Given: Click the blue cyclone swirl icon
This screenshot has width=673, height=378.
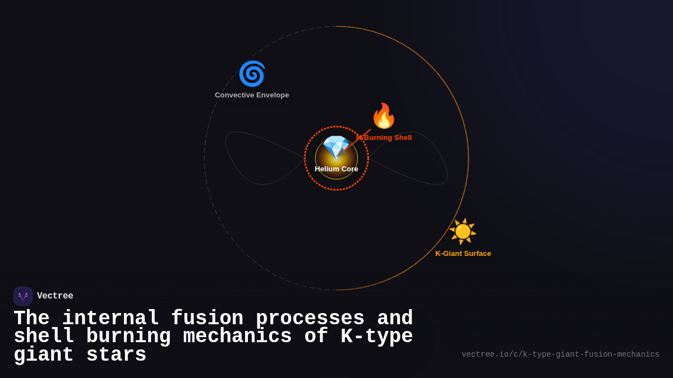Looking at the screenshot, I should click(252, 74).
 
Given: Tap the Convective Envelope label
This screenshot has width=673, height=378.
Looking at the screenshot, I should click(252, 95).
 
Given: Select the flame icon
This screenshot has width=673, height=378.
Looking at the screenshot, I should click(384, 116).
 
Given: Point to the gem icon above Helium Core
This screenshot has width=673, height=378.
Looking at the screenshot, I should click(336, 147).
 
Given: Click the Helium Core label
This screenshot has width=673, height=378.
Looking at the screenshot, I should click(336, 169).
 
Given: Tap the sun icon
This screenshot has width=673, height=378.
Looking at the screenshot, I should click(463, 231).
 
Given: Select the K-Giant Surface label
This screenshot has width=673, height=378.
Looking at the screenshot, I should click(463, 254).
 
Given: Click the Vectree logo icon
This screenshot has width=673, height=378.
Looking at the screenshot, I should click(23, 296).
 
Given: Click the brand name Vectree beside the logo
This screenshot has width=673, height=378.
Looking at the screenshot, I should click(55, 296).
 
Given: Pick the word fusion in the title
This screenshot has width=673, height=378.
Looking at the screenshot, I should click(207, 319).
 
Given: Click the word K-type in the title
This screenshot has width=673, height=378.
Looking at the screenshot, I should click(377, 337).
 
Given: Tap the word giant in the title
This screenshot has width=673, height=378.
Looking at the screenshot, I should click(44, 355).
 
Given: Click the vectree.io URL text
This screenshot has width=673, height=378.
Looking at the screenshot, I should click(560, 354).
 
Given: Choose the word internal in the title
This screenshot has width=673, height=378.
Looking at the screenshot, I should click(110, 319).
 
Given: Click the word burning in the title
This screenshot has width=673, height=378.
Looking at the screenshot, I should click(128, 337).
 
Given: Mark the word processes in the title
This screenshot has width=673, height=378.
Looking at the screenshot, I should click(310, 319).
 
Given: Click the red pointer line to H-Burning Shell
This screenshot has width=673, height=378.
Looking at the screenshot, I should click(359, 139).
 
